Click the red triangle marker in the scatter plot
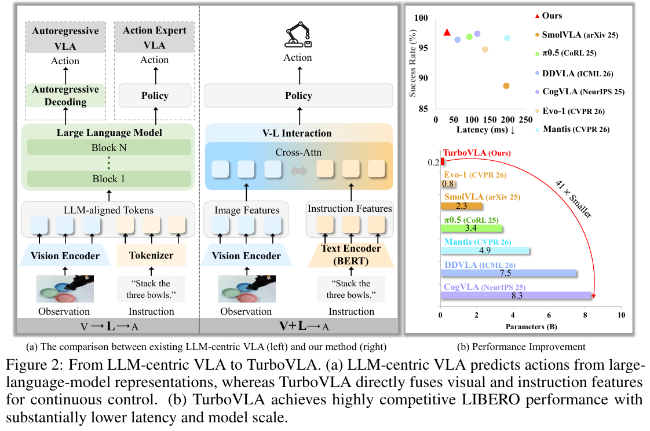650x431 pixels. coord(447,32)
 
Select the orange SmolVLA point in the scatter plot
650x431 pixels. coord(506,86)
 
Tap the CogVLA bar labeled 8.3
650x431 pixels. coord(516,295)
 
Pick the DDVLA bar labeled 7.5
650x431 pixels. coord(509,273)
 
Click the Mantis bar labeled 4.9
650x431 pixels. coord(485,251)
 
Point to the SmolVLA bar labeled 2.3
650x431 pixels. coord(462,206)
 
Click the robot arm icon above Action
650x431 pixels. coord(298,35)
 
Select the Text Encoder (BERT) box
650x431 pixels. coord(351,255)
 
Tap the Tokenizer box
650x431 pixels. coord(151,255)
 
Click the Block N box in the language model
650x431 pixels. coord(109,148)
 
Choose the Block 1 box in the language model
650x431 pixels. coord(109,179)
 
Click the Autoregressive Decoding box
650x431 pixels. coord(65,95)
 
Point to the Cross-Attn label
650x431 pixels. coord(298,152)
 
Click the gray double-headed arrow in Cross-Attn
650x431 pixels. coord(298,171)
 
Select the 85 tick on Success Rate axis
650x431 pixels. coord(423,109)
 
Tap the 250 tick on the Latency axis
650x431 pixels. coord(525,120)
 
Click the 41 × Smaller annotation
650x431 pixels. coord(574,199)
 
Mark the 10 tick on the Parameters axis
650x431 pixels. coord(621,315)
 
